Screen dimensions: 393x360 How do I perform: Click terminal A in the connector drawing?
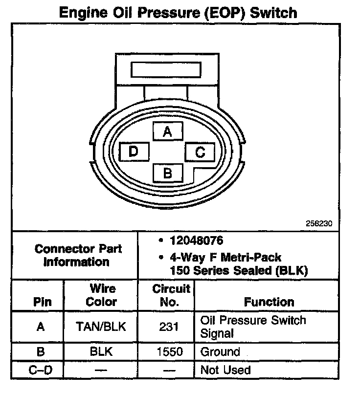click(x=167, y=131)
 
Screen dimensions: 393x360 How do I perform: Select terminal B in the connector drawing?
click(x=167, y=173)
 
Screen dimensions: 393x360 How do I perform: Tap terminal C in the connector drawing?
click(x=200, y=152)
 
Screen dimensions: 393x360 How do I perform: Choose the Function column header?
click(x=269, y=302)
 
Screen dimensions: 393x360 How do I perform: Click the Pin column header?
click(x=42, y=302)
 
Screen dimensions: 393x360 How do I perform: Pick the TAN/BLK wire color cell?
click(x=101, y=327)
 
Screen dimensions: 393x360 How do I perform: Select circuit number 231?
click(x=168, y=327)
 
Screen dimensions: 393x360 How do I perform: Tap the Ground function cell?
click(x=220, y=352)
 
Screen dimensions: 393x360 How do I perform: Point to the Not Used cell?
click(x=225, y=370)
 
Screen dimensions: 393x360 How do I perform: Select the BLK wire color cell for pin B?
click(x=101, y=352)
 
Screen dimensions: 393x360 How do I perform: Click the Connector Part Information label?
click(x=78, y=255)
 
